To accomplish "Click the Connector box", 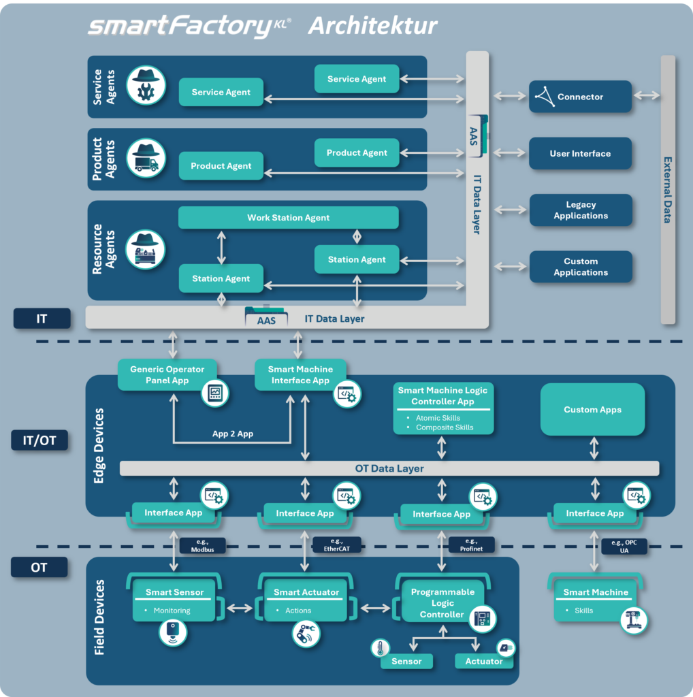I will click(x=580, y=97).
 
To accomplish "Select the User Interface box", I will click(x=580, y=154).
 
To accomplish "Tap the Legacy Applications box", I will click(x=580, y=210).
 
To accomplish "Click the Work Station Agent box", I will click(x=288, y=218).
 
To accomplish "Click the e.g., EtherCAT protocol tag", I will click(x=336, y=545).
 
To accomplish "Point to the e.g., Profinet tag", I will click(x=470, y=545).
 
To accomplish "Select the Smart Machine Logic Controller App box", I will click(x=442, y=408).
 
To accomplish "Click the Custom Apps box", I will click(x=592, y=410).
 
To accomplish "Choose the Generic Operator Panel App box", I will click(x=167, y=375).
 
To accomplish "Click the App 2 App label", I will click(x=232, y=434).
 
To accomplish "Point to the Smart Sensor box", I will click(x=174, y=600).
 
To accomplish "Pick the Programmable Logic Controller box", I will click(x=442, y=603).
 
